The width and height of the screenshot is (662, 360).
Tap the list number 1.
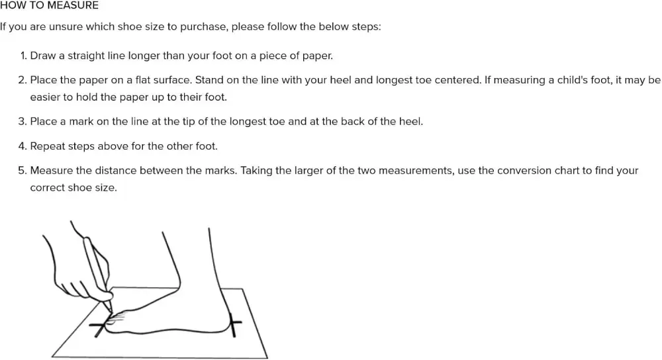click(x=24, y=56)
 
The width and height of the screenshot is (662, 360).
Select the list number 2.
click(x=23, y=80)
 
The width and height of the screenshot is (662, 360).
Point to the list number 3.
click(x=23, y=122)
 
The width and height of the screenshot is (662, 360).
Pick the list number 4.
click(x=23, y=146)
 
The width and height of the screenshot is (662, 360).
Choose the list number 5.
click(x=23, y=171)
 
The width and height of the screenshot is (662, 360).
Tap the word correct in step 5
click(x=46, y=188)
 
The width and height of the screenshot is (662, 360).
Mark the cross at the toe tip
click(x=101, y=327)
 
